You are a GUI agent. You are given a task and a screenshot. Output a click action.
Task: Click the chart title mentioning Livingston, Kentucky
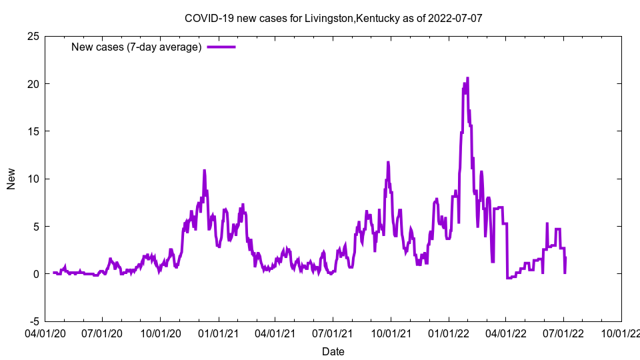[x=333, y=18]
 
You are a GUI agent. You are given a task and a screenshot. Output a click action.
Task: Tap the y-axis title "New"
[x=11, y=179]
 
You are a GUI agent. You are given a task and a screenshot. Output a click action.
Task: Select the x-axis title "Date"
[x=333, y=351]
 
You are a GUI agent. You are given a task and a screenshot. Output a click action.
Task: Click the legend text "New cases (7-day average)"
[x=136, y=47]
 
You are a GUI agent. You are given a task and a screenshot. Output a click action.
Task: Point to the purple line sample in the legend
[x=221, y=47]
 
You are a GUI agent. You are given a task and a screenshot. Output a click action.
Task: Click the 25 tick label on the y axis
[x=33, y=36]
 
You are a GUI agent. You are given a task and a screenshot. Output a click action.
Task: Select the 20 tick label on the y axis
[x=33, y=84]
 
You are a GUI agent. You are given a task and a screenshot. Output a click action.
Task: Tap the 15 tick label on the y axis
[x=33, y=131]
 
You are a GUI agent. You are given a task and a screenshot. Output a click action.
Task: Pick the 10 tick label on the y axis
[x=33, y=179]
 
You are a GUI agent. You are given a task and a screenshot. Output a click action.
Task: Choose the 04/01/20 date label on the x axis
[x=45, y=331]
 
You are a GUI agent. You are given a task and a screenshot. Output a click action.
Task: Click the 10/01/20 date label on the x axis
[x=161, y=331]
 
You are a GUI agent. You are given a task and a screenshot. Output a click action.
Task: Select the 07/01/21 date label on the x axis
[x=333, y=331]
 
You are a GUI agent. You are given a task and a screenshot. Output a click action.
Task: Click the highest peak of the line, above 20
[x=467, y=78]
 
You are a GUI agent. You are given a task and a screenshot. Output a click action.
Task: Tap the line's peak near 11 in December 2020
[x=205, y=171]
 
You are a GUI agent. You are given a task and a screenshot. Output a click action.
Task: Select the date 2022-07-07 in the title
[x=457, y=18]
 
